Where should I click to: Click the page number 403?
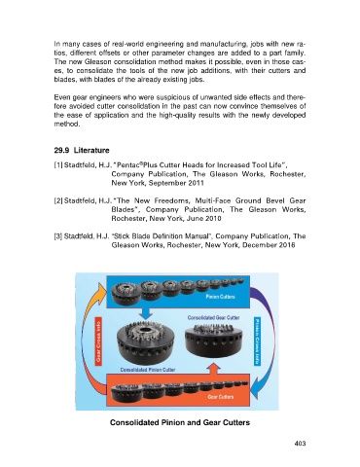click(300, 444)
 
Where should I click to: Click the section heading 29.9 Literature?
click(82, 151)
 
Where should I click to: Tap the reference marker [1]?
click(58, 165)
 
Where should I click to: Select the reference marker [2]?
click(58, 200)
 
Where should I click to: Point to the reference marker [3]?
click(58, 236)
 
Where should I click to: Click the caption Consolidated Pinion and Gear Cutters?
click(180, 422)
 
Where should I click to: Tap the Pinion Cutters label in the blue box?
click(221, 297)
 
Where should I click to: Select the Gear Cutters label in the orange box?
click(221, 397)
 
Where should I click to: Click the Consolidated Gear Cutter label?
click(213, 318)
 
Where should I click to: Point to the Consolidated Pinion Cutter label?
click(148, 370)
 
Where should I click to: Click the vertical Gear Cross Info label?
click(98, 341)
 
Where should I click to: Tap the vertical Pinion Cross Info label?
click(258, 341)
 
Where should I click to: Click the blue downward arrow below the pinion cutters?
click(145, 313)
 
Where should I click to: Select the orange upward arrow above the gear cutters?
click(213, 369)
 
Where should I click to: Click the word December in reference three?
click(260, 245)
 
